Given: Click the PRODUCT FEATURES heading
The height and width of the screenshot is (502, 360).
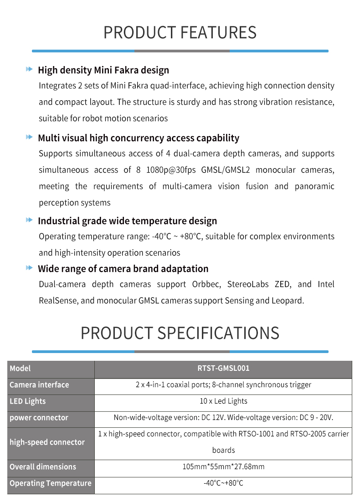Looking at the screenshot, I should point(180,33).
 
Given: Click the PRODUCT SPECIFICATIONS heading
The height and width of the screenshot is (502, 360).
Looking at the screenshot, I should point(180,333).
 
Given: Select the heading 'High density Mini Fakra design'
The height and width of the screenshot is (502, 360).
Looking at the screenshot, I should point(103,70).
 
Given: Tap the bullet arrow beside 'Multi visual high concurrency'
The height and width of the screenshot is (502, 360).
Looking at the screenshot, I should point(29,137).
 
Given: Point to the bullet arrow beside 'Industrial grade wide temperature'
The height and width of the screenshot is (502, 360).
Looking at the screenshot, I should point(29,220).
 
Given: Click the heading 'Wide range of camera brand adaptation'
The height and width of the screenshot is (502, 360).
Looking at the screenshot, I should point(123,269).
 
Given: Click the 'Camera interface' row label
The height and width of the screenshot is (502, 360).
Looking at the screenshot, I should point(39,385).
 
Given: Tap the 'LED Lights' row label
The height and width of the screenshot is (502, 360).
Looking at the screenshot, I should point(28,401).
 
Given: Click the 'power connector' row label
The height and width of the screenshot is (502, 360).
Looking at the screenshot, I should point(39,418).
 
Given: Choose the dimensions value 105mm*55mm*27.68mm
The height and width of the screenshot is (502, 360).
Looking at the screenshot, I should point(223,467).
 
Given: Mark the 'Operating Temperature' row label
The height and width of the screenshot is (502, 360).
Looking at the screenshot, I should point(50,483).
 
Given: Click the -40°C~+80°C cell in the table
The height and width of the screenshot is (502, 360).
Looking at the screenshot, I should point(223,483).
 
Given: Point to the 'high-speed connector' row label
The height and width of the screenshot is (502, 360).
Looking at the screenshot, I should point(47,442).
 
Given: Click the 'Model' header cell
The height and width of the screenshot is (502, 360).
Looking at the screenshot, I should point(20,369).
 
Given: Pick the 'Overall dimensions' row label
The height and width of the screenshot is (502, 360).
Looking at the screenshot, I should point(43,467).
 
